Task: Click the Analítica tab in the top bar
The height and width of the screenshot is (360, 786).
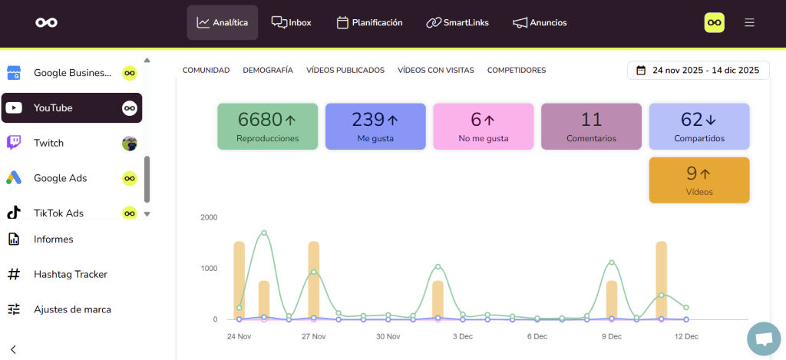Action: tap(223, 22)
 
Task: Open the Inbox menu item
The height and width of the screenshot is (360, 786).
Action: tap(292, 22)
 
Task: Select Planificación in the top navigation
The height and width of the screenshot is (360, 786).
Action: tap(370, 22)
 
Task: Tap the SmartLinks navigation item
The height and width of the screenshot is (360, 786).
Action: tap(457, 22)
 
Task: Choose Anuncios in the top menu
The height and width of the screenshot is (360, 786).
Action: tap(540, 22)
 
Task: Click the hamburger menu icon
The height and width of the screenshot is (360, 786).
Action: tap(749, 22)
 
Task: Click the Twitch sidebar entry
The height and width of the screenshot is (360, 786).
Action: tap(48, 144)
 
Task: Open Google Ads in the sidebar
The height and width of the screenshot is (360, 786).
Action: tap(60, 178)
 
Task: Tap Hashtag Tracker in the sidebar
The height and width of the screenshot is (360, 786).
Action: tap(70, 274)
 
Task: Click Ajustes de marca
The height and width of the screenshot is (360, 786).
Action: tap(72, 309)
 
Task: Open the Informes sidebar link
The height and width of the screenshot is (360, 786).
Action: tap(53, 239)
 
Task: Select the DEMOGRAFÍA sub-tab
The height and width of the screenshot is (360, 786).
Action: tap(268, 70)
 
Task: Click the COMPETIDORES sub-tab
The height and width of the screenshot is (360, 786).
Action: tap(517, 70)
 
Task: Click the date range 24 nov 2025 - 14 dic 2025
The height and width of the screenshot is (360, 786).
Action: tap(698, 70)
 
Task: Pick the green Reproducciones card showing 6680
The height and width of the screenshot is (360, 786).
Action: tap(267, 126)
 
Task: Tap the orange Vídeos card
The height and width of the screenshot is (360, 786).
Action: tap(699, 180)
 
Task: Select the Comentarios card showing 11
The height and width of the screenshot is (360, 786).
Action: tap(591, 126)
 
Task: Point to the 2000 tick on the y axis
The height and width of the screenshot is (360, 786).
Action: tap(209, 217)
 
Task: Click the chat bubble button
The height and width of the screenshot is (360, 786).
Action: tap(763, 339)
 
